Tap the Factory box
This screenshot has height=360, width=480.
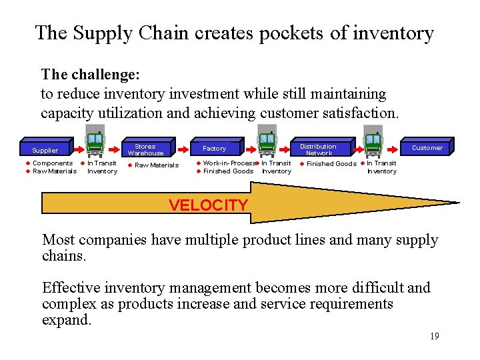tap(214, 149)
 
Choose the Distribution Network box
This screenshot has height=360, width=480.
tap(318, 149)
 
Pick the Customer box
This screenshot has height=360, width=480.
tap(427, 148)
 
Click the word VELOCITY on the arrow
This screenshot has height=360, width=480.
tap(208, 205)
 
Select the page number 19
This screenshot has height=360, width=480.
tap(434, 336)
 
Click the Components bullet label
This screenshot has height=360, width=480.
tap(53, 163)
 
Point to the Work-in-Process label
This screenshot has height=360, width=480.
tap(229, 163)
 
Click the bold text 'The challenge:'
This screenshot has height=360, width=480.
tap(90, 74)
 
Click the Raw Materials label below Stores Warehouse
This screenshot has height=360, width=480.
tap(157, 165)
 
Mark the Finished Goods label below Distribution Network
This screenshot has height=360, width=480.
tap(331, 164)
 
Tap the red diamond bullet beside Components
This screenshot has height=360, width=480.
tap(29, 163)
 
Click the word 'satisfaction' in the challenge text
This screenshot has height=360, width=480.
tap(361, 113)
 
